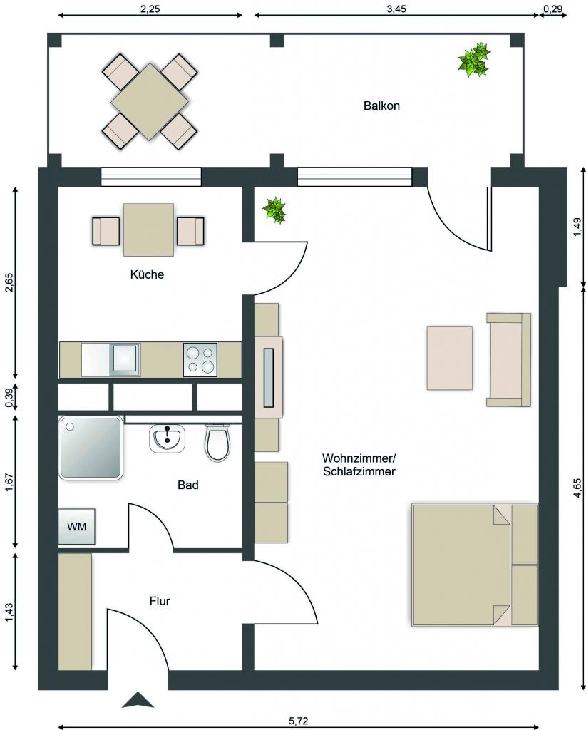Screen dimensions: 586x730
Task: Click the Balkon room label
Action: pos(381,106)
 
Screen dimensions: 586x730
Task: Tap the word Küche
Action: pos(147,274)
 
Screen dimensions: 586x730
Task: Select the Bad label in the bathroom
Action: pos(188,485)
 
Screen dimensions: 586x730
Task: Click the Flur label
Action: pos(160,601)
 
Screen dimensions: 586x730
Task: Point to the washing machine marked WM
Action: pos(77,527)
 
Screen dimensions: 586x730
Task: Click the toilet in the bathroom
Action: pos(217,443)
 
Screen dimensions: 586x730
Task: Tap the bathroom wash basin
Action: pos(167,438)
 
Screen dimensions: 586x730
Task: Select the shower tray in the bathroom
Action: pos(91,448)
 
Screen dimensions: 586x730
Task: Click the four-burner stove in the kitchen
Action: pos(200,359)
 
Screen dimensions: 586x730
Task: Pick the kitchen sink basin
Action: pos(125,359)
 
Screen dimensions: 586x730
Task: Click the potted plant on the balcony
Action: pos(474,60)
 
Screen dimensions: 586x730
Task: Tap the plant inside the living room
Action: pos(274,210)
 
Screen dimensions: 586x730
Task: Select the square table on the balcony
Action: pos(150,101)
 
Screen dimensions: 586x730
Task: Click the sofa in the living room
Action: pos(509,359)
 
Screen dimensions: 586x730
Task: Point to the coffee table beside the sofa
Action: pos(450,358)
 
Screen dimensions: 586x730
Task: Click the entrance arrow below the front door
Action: pos(138,700)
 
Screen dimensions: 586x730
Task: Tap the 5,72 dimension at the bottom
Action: pos(299,721)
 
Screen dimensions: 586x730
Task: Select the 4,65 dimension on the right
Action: pos(577,488)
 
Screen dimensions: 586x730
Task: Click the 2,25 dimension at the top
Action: pos(150,9)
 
